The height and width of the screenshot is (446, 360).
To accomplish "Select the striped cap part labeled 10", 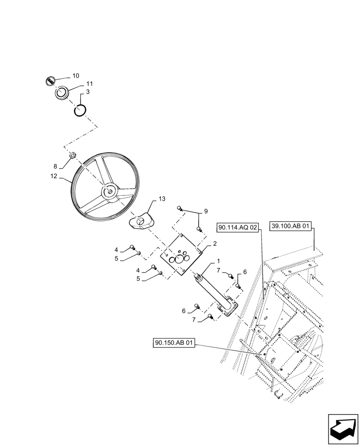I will (50, 81).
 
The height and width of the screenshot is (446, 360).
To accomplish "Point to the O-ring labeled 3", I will (79, 110).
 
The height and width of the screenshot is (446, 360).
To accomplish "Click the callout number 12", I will (53, 176).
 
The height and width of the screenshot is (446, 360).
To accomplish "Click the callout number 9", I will (205, 211).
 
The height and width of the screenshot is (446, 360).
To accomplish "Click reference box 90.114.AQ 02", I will (238, 228).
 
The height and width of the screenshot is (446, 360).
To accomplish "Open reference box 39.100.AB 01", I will (290, 227).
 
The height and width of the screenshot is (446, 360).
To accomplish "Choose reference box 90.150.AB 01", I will (174, 343).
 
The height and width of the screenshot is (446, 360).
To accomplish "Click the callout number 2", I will (214, 244).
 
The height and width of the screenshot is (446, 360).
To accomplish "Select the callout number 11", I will (90, 83).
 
